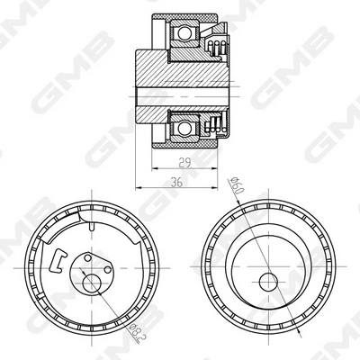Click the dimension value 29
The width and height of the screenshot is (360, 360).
coord(184,163)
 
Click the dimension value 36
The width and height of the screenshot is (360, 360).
coord(176,182)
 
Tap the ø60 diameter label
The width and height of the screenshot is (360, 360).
coord(237,185)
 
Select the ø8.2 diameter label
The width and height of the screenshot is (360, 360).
coord(135,333)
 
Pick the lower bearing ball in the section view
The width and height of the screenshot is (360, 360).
coord(184,129)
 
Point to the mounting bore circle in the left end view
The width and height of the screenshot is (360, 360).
coord(92,283)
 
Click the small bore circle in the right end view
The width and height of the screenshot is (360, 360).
coord(268,282)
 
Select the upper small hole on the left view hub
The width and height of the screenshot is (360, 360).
coord(87,257)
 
